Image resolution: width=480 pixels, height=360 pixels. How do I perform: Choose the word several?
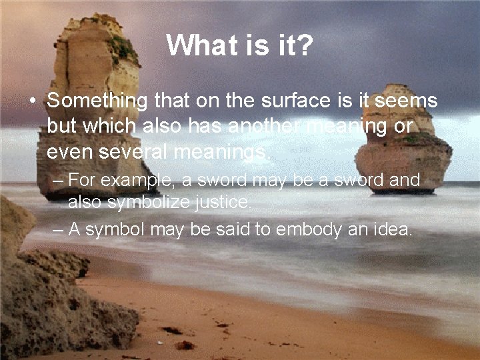133,152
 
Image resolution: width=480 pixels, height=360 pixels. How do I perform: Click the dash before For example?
57,181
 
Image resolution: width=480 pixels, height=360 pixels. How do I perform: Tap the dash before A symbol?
57,231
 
